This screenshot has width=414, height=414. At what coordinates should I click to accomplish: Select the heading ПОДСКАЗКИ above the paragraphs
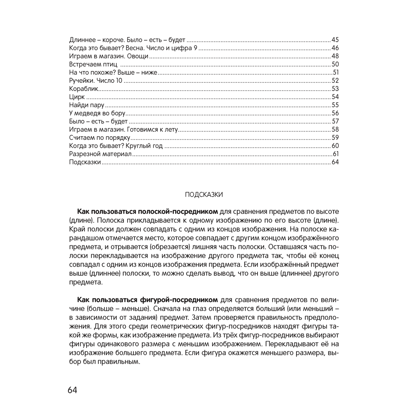(x=204, y=195)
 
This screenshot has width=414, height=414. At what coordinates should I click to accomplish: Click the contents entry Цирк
(x=77, y=97)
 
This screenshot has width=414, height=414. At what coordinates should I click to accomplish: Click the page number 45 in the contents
(x=335, y=40)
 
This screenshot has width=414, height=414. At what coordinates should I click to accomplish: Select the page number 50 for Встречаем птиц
(x=335, y=65)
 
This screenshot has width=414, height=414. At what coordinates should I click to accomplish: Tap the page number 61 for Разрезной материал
(x=336, y=154)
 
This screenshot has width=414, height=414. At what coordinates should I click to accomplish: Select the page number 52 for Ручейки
(x=335, y=81)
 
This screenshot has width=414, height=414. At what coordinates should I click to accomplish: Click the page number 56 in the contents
(x=335, y=113)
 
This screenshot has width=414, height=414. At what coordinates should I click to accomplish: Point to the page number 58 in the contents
(x=335, y=130)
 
